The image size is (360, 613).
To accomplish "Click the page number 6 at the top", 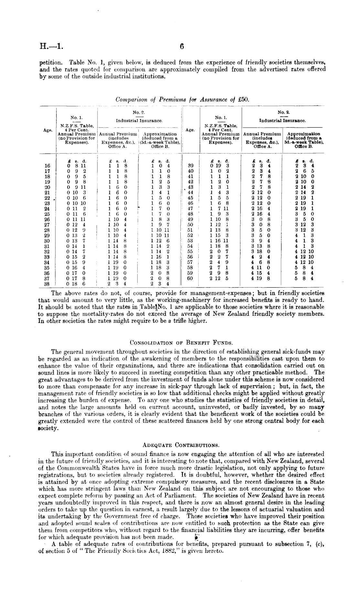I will (182, 47).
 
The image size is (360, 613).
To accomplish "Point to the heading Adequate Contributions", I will (181, 445).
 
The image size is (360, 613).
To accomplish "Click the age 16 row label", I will (47, 166).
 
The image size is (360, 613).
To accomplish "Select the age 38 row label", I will (47, 283).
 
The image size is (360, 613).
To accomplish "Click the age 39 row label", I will (190, 166).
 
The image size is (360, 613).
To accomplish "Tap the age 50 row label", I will (190, 225).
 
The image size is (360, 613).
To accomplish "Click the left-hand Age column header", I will (48, 130).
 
